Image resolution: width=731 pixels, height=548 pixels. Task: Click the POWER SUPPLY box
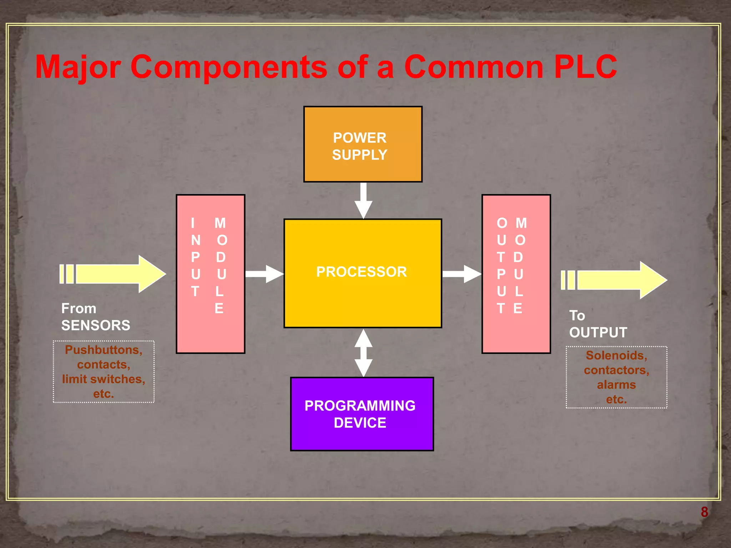pyautogui.click(x=363, y=144)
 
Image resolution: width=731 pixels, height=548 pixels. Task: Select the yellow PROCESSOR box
pyautogui.click(x=363, y=273)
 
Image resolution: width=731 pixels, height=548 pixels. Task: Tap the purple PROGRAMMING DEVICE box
pyautogui.click(x=362, y=414)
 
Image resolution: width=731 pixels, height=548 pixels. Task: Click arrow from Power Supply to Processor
pyautogui.click(x=363, y=200)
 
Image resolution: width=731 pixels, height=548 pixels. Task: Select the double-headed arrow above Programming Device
pyautogui.click(x=363, y=352)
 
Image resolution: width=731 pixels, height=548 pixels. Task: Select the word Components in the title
pyautogui.click(x=228, y=67)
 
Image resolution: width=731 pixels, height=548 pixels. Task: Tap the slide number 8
pyautogui.click(x=704, y=512)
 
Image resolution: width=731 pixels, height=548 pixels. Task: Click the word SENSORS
pyautogui.click(x=96, y=325)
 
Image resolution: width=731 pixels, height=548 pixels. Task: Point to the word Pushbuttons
pyautogui.click(x=104, y=350)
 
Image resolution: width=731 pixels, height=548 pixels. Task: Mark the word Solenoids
pyautogui.click(x=616, y=355)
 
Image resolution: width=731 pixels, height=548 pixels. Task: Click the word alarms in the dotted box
pyautogui.click(x=616, y=385)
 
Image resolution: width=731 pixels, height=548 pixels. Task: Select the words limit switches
pyautogui.click(x=104, y=379)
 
